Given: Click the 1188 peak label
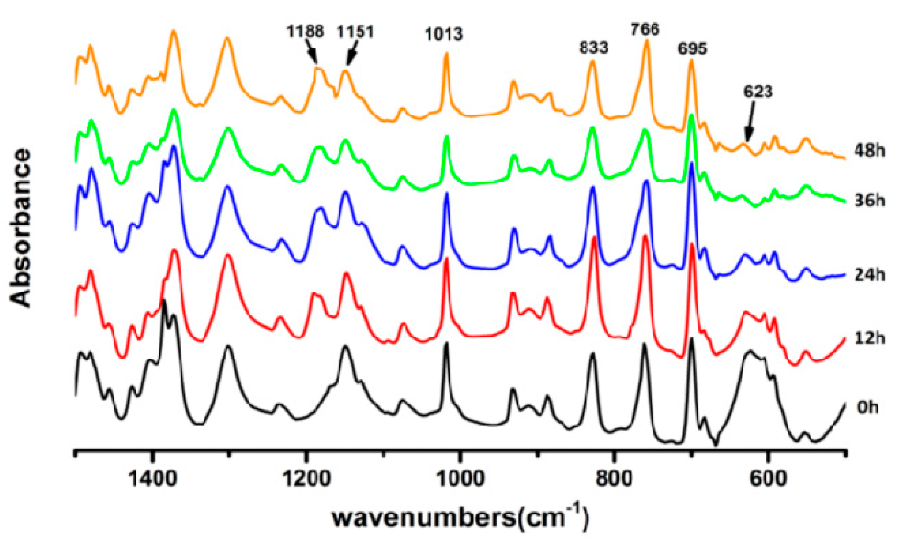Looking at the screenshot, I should [x=305, y=31].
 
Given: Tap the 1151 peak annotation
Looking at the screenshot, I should [x=355, y=32].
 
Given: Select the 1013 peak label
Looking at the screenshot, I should [x=444, y=34].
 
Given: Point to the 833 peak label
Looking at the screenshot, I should [x=593, y=48].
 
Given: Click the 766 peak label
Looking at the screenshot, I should [x=645, y=30].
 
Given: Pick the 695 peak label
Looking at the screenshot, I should [x=692, y=49].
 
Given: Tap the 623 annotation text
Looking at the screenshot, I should [x=758, y=92].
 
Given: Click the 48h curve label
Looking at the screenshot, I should [x=870, y=151].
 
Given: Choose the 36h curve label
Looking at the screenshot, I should [x=870, y=200].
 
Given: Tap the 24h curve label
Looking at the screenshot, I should [x=870, y=275].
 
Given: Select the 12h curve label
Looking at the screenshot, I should [x=870, y=338].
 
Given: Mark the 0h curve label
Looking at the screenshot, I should [x=867, y=408].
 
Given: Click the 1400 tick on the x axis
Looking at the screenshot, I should [x=152, y=479].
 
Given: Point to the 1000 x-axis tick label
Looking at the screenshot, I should [x=460, y=479].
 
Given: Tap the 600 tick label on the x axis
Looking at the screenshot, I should [x=768, y=479].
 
